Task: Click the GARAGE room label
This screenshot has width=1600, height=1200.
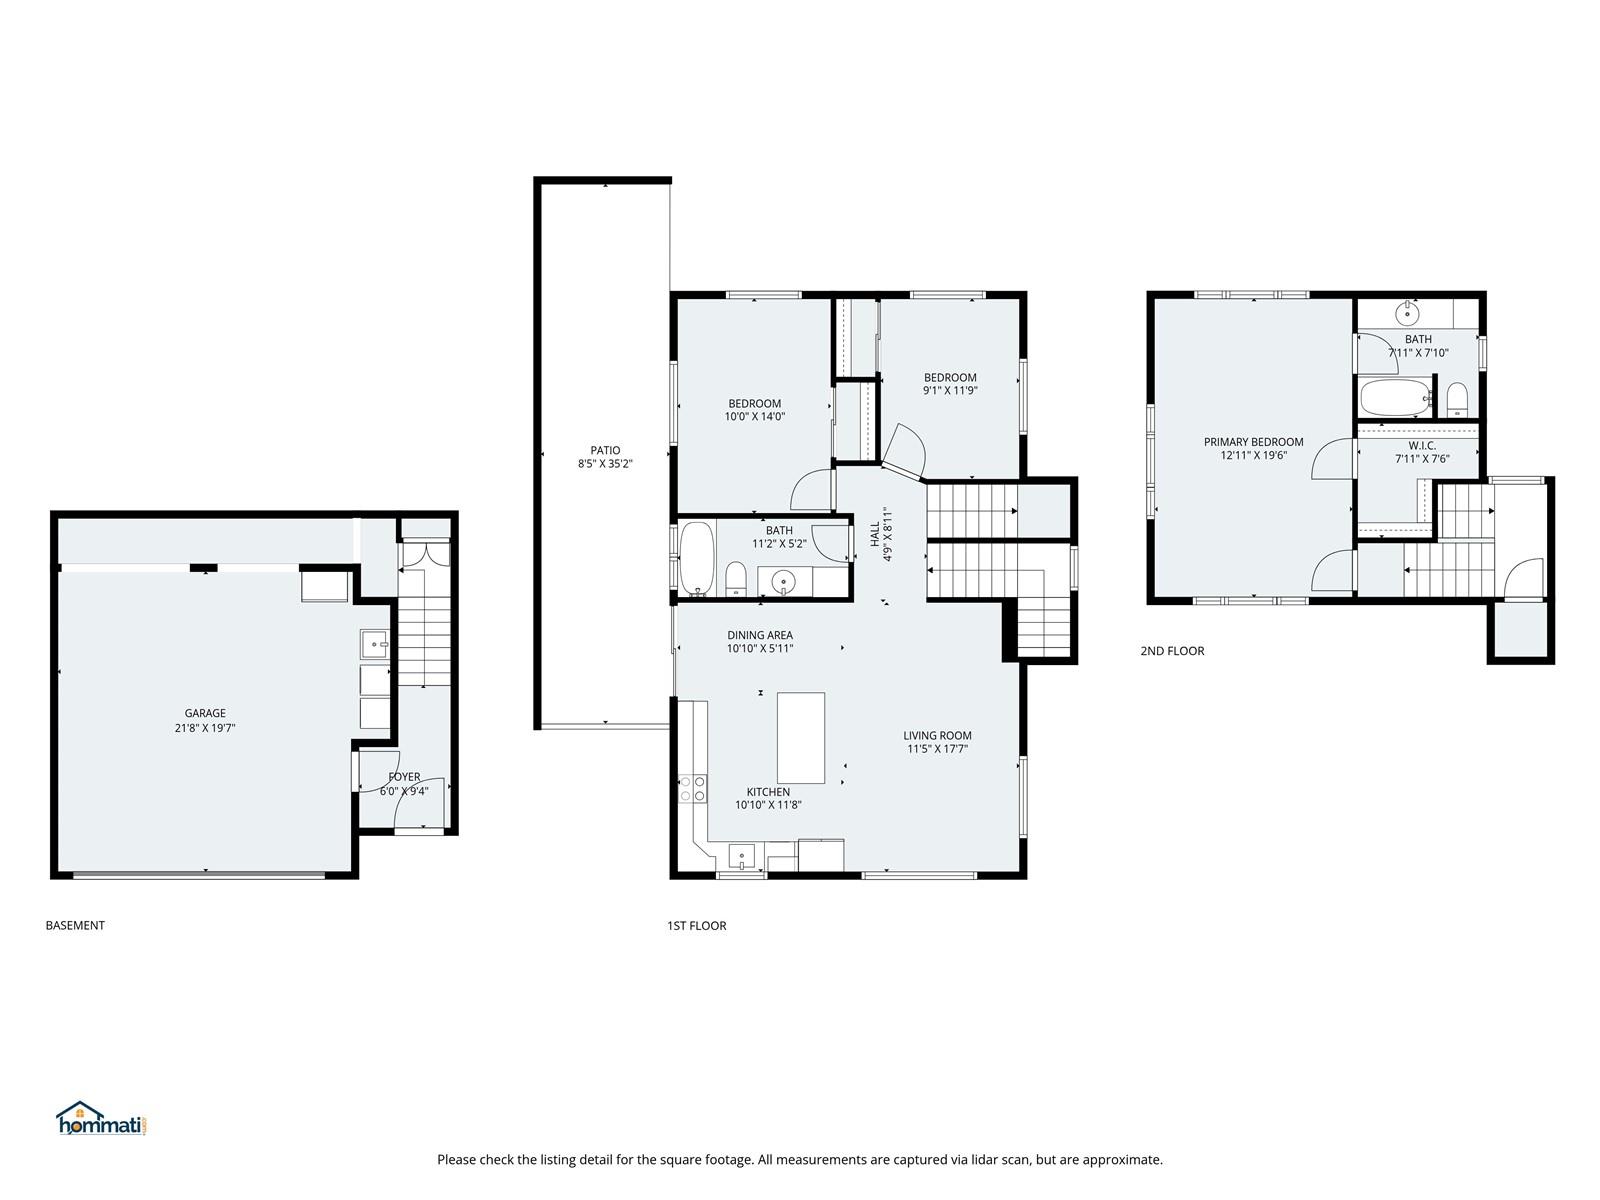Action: pos(205,713)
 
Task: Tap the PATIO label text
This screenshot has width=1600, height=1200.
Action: pos(605,450)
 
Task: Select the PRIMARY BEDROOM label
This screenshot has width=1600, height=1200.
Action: pos(1253,442)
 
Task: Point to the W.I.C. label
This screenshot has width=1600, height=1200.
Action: pos(1421,445)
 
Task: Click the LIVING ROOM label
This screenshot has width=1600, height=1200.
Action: pos(937,735)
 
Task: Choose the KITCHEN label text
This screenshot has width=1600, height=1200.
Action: pos(768,792)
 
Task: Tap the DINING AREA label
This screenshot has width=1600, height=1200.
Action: pos(760,635)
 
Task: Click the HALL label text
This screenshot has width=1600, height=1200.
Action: pos(875,534)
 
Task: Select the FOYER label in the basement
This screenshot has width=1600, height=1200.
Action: pos(404,777)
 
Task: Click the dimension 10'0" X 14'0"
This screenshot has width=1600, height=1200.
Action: pos(754,417)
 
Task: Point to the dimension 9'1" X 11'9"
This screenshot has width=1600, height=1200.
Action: pos(950,391)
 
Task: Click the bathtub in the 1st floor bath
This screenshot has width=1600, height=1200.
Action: pos(696,559)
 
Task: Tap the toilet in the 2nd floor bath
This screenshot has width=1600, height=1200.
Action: pos(1456,399)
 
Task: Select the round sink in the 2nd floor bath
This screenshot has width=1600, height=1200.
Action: pos(1406,314)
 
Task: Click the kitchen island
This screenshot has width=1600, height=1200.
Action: pos(800,737)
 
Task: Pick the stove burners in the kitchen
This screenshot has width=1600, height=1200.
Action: pos(692,788)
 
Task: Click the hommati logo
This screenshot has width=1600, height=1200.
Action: pos(102,1118)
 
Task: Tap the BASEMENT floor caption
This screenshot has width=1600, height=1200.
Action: pos(75,925)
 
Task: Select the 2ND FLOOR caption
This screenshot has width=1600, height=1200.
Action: pos(1172,651)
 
